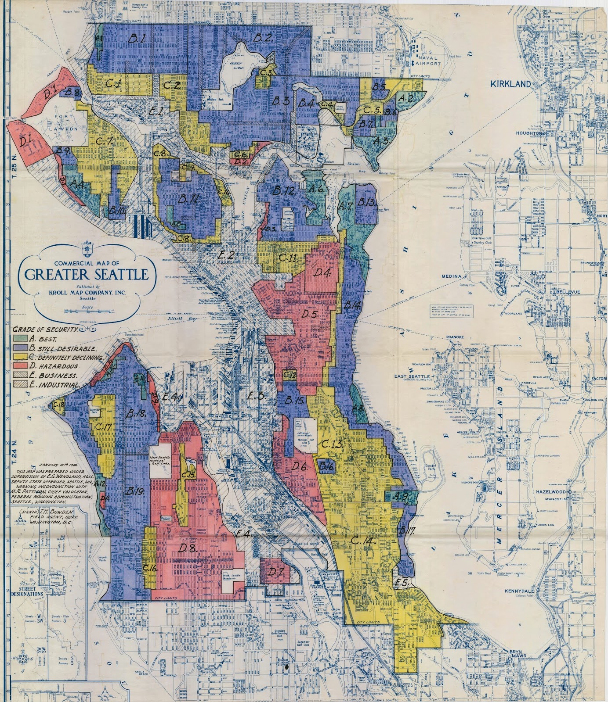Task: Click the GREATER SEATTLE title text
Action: [x=86, y=275]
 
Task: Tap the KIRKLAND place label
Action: [x=510, y=84]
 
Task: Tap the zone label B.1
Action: [x=137, y=39]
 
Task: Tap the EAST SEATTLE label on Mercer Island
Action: [x=412, y=376]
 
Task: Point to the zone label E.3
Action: [x=255, y=396]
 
